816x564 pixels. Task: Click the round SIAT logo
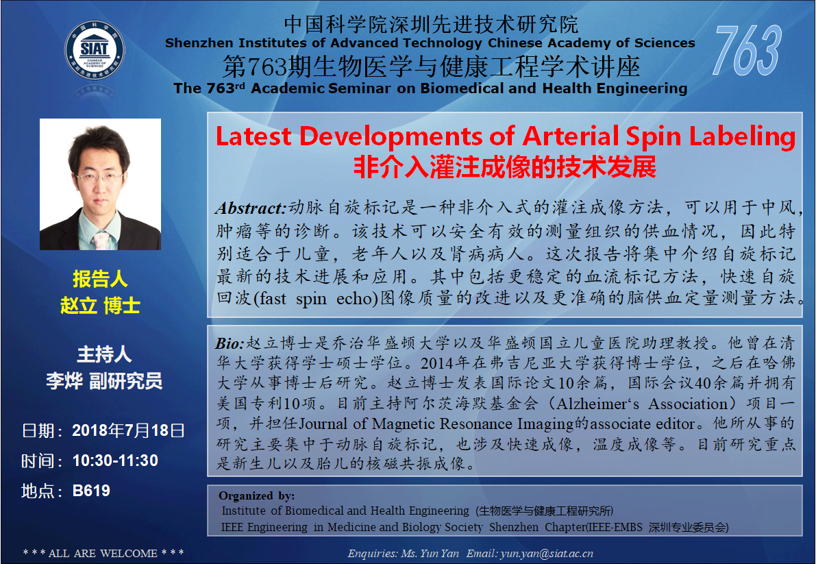coord(95,51)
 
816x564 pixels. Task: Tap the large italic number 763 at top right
coord(747,51)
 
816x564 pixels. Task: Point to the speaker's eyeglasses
coord(99,177)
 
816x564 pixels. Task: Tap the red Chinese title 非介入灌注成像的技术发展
coord(505,167)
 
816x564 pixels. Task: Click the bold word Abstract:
coord(251,208)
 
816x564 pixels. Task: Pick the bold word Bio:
coord(230,343)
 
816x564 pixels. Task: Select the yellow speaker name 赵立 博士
coord(100,306)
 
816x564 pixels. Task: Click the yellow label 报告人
coord(100,279)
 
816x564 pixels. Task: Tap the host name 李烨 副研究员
coord(104,381)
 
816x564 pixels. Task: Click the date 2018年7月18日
coord(128,430)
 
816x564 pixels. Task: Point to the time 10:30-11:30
coord(115,461)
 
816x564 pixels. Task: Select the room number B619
coord(91,491)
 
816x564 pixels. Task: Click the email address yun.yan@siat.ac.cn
coord(547,554)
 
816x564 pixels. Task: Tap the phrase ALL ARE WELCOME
coord(103,554)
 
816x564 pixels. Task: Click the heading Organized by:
coord(256,496)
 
